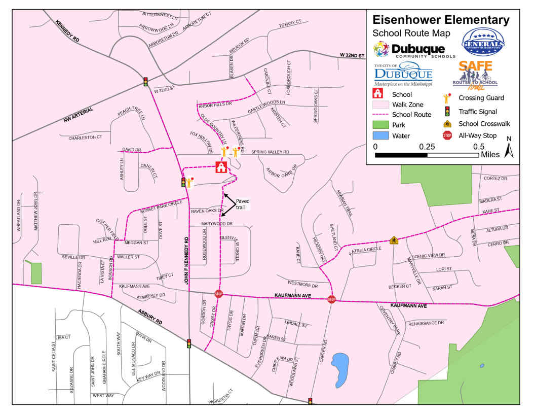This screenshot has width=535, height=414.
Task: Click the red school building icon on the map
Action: point(221,167)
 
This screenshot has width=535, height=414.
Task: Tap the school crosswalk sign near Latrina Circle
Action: point(393,239)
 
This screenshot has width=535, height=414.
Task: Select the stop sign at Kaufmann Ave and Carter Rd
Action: point(332,299)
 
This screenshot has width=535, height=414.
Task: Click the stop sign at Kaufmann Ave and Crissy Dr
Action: point(219,293)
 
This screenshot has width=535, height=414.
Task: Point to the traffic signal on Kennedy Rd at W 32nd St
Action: point(145,81)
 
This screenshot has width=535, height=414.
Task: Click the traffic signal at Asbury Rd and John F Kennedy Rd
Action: point(189,343)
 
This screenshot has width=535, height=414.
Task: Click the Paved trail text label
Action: point(243,204)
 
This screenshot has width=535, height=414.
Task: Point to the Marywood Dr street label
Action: point(216,223)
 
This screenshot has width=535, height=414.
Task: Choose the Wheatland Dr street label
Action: point(19,219)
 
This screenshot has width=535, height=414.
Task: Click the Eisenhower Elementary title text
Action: point(441,20)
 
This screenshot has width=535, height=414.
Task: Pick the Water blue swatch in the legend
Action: point(380,135)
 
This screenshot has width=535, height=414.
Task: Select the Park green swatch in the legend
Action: point(380,124)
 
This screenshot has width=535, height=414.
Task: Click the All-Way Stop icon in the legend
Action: point(447,135)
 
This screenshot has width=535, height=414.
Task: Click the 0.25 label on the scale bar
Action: point(427,146)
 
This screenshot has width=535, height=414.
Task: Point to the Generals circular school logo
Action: point(483,44)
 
